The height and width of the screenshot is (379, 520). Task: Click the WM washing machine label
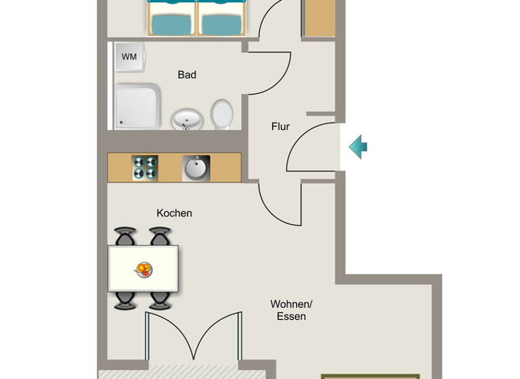pos(129,57)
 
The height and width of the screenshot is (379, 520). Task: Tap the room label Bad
pos(187,74)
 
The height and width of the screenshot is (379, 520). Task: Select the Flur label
pos(280,127)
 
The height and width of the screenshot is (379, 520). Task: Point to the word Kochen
pos(174,213)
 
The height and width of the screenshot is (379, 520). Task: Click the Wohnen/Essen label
pos(291,310)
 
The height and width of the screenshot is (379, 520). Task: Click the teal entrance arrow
pos(357,146)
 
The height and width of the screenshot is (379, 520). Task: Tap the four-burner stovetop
pos(144,168)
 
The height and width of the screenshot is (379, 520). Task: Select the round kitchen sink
pos(196,168)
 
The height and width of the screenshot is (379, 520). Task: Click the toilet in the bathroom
pos(221,114)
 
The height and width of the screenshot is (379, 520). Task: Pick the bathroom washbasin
pos(186,120)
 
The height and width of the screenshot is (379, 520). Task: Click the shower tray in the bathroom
pos(137,106)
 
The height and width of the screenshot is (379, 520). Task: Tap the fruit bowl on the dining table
pos(144,269)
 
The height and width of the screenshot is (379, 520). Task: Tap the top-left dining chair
pos(126,237)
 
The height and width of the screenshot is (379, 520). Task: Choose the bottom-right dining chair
pos(160,300)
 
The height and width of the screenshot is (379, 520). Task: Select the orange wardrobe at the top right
pos(318,18)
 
